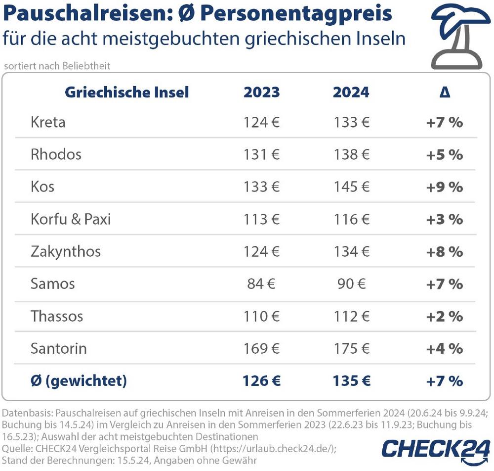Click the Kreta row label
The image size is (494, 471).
point(47,122)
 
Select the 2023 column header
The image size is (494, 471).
point(261,92)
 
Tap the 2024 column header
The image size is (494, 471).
point(351,92)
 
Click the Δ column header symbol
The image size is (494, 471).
point(445,92)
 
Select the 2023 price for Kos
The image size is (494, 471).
point(261,187)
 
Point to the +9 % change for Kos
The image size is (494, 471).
point(445,187)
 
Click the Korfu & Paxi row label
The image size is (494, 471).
point(71,219)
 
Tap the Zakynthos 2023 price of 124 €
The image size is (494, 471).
point(261,251)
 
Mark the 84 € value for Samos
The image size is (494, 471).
point(261,284)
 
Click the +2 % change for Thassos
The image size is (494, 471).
point(445,316)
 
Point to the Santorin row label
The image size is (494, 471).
point(58,348)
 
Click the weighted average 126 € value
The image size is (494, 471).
point(261,381)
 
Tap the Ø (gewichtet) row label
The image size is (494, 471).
point(79,381)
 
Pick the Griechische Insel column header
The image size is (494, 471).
point(127,92)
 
